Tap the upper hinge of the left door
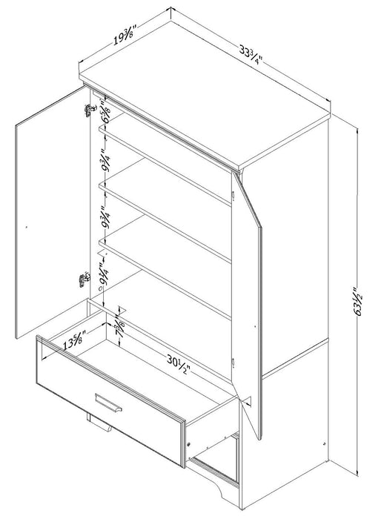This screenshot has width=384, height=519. click(90, 110)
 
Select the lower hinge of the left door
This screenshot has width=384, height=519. click(82, 278)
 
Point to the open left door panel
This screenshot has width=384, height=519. click(48, 222)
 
